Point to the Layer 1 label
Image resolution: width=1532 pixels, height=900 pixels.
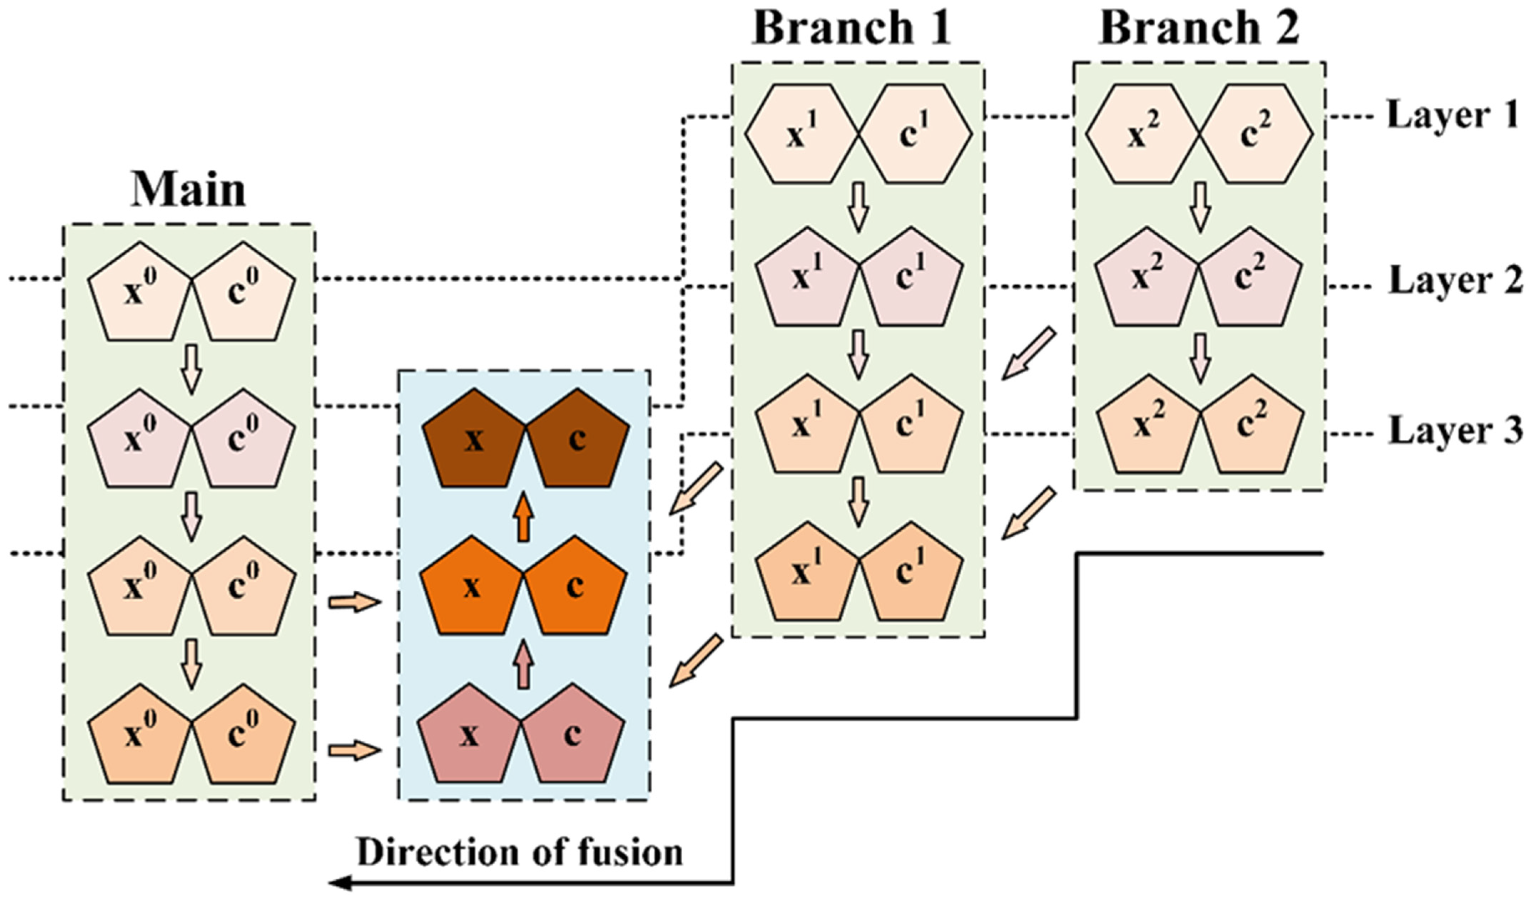(1452, 116)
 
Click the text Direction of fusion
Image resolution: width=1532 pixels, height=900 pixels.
(520, 853)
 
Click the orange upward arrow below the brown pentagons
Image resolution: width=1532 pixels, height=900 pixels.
(523, 517)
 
